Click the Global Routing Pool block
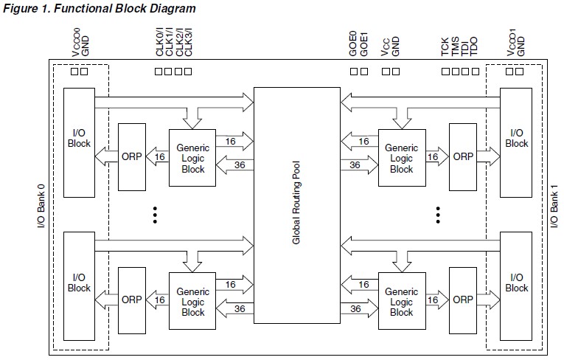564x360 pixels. (x=296, y=205)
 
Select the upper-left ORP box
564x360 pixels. (x=132, y=156)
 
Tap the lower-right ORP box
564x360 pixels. (x=463, y=300)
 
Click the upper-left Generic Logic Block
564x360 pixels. (x=192, y=158)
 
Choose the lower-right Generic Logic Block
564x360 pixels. (x=401, y=302)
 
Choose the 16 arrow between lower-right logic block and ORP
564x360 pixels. (x=433, y=300)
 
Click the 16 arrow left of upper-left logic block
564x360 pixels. (x=159, y=156)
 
